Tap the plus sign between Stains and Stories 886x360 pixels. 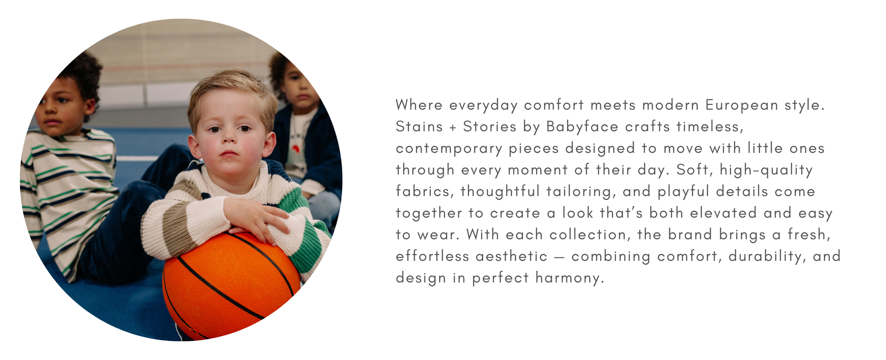[453, 128]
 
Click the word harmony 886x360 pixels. [569, 278]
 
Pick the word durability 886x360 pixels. [767, 257]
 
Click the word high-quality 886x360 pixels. [766, 170]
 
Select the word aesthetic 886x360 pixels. [511, 256]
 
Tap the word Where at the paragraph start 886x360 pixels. [419, 105]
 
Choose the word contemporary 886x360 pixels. [449, 148]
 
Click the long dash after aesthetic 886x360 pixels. [559, 257]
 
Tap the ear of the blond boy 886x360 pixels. [269, 144]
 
